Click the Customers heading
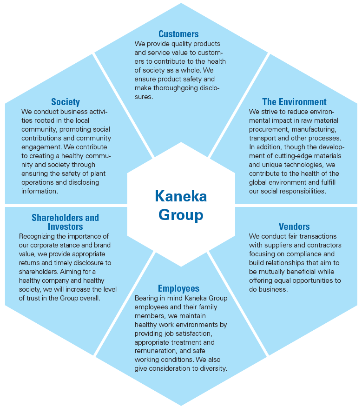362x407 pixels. click(x=178, y=34)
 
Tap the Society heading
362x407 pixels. click(x=66, y=102)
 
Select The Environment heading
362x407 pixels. click(x=294, y=102)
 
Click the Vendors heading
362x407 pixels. click(x=294, y=227)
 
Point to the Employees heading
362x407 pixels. click(x=178, y=288)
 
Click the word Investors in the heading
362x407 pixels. click(x=66, y=227)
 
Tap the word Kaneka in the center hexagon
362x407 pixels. click(x=181, y=196)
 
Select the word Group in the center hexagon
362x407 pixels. click(x=181, y=215)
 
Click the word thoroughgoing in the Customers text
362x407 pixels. click(x=176, y=88)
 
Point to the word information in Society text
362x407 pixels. click(x=39, y=191)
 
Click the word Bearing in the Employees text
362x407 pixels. click(x=145, y=298)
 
